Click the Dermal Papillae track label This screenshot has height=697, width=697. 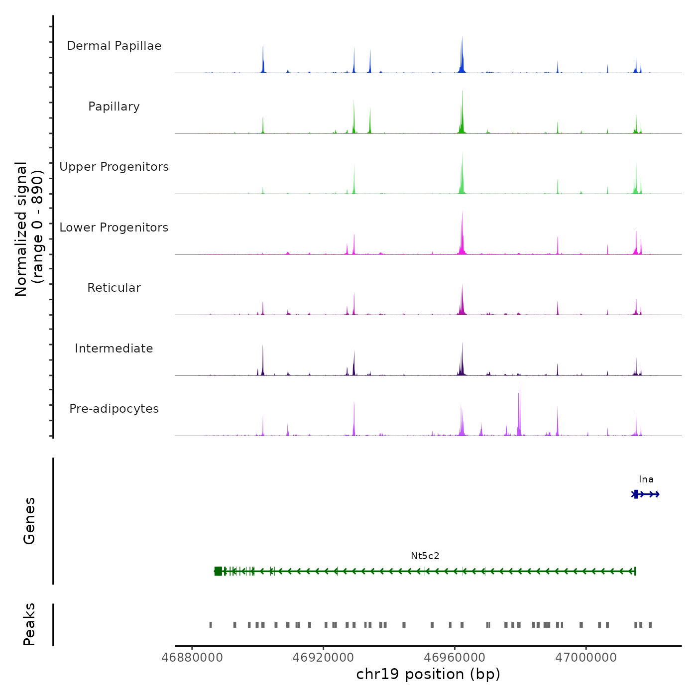[x=114, y=46]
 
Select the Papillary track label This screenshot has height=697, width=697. [x=114, y=107]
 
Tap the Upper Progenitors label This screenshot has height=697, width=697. [x=114, y=167]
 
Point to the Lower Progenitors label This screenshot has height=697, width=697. [x=114, y=228]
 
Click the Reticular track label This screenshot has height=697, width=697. [x=114, y=288]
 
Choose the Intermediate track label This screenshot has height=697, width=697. [x=114, y=348]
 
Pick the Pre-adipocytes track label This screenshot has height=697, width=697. [x=114, y=409]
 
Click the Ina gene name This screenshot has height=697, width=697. [x=646, y=479]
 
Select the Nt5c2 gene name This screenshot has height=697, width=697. [x=425, y=556]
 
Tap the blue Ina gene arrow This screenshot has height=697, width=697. [x=646, y=494]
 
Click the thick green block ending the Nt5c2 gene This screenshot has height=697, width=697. [x=218, y=571]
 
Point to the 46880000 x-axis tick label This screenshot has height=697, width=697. [x=192, y=658]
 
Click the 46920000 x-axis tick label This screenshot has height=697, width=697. [x=324, y=658]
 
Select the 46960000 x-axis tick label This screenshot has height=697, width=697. [x=455, y=658]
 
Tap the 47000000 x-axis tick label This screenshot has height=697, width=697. [x=586, y=658]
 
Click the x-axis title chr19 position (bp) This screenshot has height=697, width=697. [x=428, y=674]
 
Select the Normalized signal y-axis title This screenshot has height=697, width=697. [x=29, y=229]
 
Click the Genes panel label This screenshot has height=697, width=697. [x=29, y=521]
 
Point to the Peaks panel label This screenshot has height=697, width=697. [x=29, y=624]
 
